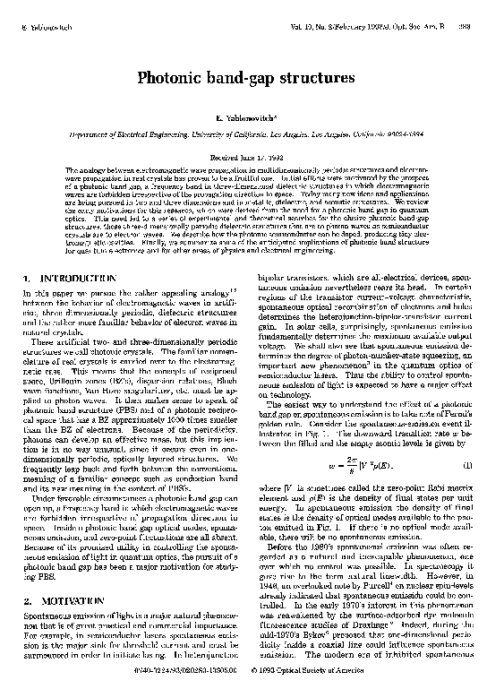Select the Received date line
252,156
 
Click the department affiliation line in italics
252,134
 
